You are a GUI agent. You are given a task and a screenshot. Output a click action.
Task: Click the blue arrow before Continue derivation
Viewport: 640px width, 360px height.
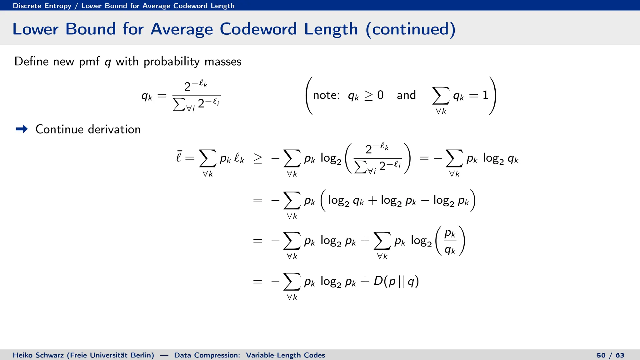pos(22,129)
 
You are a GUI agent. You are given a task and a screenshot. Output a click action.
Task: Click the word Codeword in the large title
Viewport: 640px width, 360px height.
pos(258,29)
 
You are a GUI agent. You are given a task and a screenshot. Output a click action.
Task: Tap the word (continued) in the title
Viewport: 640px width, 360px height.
pos(410,29)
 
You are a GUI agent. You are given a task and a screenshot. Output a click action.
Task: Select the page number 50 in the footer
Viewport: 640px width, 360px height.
pos(601,355)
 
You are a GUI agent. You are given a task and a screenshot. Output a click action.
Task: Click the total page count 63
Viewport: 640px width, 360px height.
pos(620,355)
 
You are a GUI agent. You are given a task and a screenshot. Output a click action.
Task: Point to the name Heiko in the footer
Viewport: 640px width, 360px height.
pos(22,355)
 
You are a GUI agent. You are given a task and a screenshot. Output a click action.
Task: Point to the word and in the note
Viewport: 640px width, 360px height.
pos(406,95)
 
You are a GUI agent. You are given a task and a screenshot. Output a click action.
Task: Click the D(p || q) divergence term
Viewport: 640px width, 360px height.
pos(396,281)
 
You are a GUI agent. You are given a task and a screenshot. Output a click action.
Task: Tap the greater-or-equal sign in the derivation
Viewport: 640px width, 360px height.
pos(258,159)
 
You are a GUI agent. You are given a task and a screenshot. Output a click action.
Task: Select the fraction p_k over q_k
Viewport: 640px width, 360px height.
pos(450,241)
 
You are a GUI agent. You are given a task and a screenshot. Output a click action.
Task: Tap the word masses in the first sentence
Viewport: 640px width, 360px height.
pos(223,62)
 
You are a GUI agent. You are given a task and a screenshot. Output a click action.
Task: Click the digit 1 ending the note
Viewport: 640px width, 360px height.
pos(485,95)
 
